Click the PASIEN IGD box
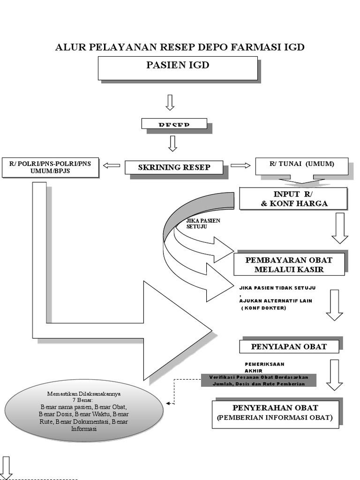click(178, 67)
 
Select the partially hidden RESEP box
click(174, 124)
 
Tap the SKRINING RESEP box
click(173, 167)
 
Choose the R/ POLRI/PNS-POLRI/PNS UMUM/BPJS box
click(50, 167)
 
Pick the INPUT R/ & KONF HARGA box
click(293, 198)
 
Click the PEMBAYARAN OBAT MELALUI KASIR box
click(289, 264)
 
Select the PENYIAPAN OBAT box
click(289, 347)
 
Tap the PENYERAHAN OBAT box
click(275, 413)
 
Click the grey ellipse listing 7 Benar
click(84, 411)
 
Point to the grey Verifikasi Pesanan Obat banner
click(258, 380)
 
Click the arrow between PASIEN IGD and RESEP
click(170, 102)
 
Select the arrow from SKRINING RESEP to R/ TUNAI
click(241, 165)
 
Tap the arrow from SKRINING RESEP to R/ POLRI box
click(112, 165)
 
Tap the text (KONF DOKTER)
click(264, 308)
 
